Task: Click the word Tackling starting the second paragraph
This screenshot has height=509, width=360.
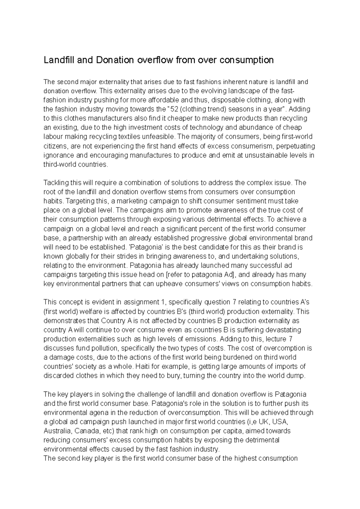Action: point(56,183)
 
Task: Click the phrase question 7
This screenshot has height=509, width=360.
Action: point(215,302)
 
